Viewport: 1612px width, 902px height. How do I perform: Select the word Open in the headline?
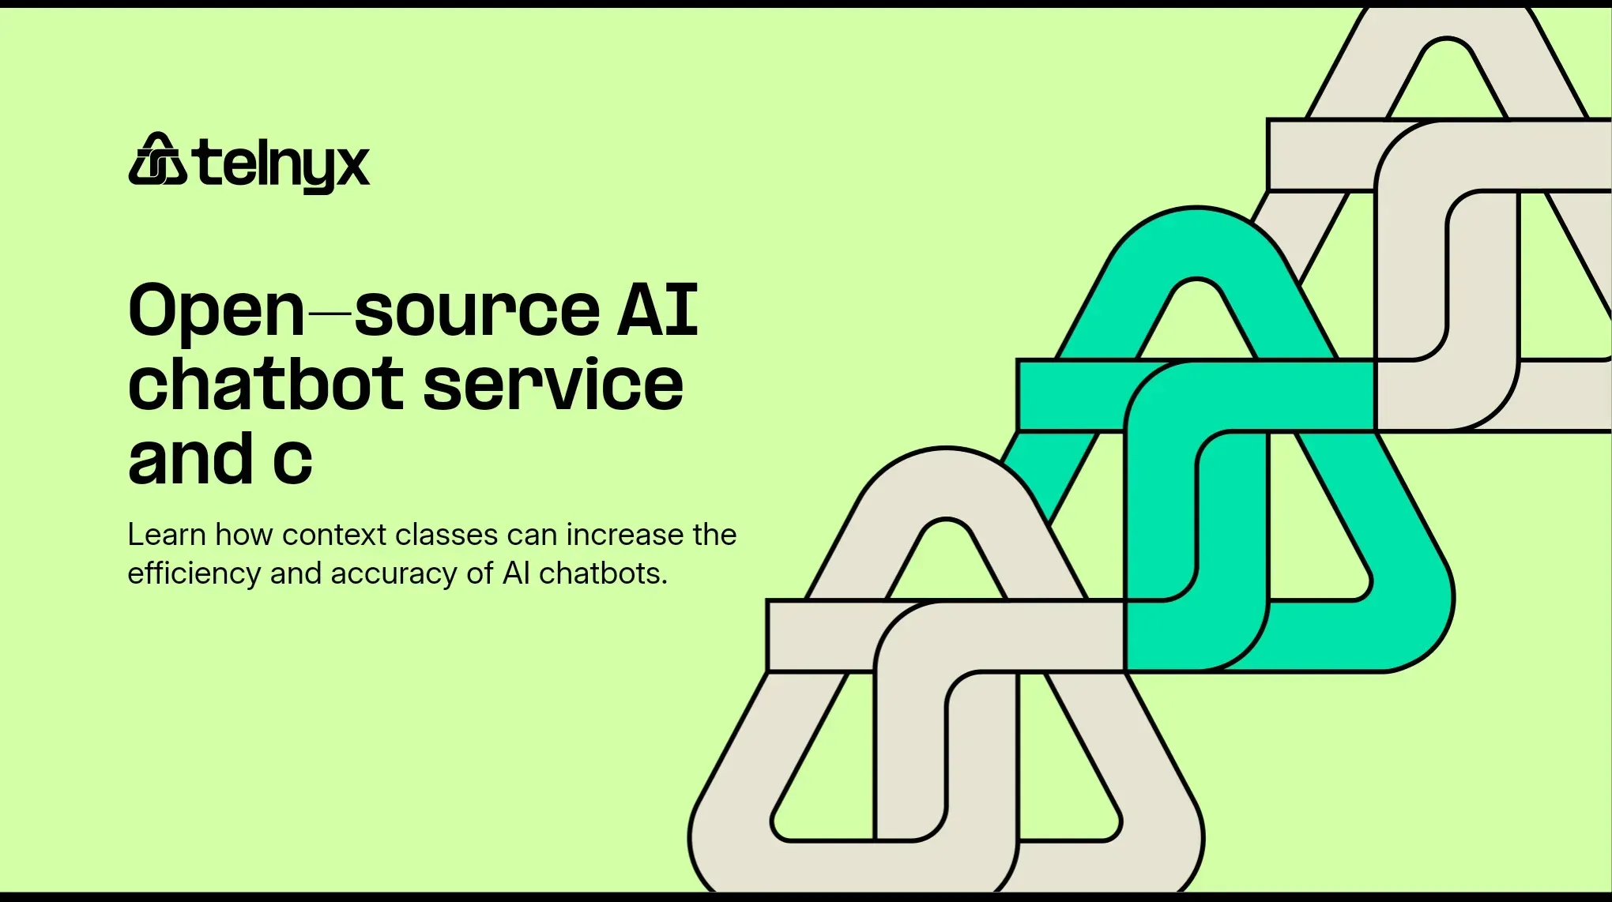click(x=216, y=310)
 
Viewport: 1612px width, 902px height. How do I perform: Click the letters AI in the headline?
click(x=657, y=309)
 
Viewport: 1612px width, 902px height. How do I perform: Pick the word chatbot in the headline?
click(x=266, y=385)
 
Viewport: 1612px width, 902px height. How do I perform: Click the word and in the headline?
click(x=190, y=459)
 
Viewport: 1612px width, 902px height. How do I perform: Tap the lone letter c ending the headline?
click(x=292, y=462)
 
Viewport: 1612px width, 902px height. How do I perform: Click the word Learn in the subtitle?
click(x=167, y=535)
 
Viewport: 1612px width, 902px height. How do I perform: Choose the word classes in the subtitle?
click(x=446, y=535)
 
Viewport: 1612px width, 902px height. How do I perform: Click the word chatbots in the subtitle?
click(x=603, y=573)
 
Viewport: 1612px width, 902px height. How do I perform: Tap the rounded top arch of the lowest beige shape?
click(x=946, y=483)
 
